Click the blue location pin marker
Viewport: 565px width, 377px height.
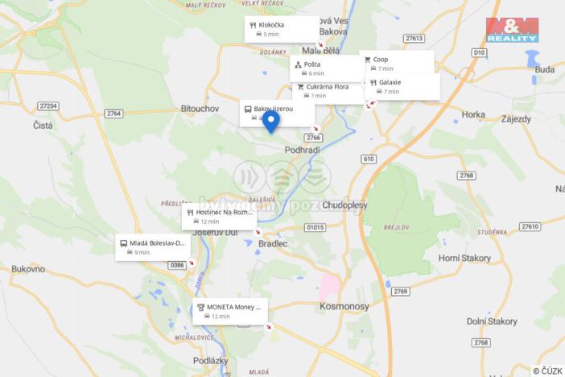(271, 122)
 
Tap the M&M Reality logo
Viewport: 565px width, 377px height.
(512, 30)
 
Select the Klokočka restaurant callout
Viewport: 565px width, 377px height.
(282, 29)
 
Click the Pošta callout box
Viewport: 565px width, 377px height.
(325, 68)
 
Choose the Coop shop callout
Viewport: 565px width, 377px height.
(398, 63)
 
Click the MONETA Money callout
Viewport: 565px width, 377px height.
(231, 311)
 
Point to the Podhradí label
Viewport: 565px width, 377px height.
(303, 151)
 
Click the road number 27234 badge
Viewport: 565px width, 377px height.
(48, 106)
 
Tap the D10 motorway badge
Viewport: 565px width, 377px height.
(480, 52)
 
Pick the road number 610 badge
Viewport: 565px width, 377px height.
(369, 159)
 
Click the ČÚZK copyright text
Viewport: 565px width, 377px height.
(547, 371)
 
